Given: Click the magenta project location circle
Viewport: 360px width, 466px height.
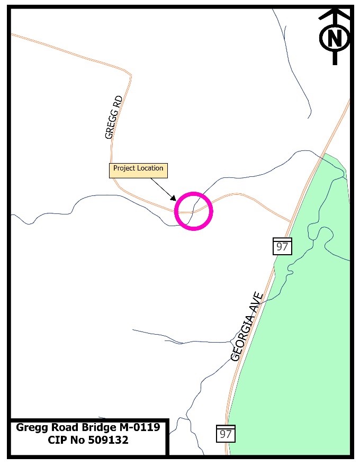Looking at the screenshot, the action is (193, 211).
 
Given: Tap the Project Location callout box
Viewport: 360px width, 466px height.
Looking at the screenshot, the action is (138, 170).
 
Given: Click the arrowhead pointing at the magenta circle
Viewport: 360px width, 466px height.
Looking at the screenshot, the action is (174, 198).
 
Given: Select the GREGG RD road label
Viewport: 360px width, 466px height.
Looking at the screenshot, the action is (114, 117).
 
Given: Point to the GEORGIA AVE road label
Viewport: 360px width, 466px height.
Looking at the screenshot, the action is (247, 326).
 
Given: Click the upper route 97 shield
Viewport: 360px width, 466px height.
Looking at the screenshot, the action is (283, 246).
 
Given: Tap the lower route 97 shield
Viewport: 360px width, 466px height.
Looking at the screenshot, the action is (226, 434).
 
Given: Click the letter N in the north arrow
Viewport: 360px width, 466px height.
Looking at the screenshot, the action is (335, 39).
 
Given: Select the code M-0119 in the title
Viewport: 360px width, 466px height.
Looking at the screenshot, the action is (139, 427).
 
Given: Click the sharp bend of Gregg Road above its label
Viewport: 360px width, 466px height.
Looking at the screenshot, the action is (130, 77).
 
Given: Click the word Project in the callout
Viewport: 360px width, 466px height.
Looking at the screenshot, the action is (124, 168).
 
